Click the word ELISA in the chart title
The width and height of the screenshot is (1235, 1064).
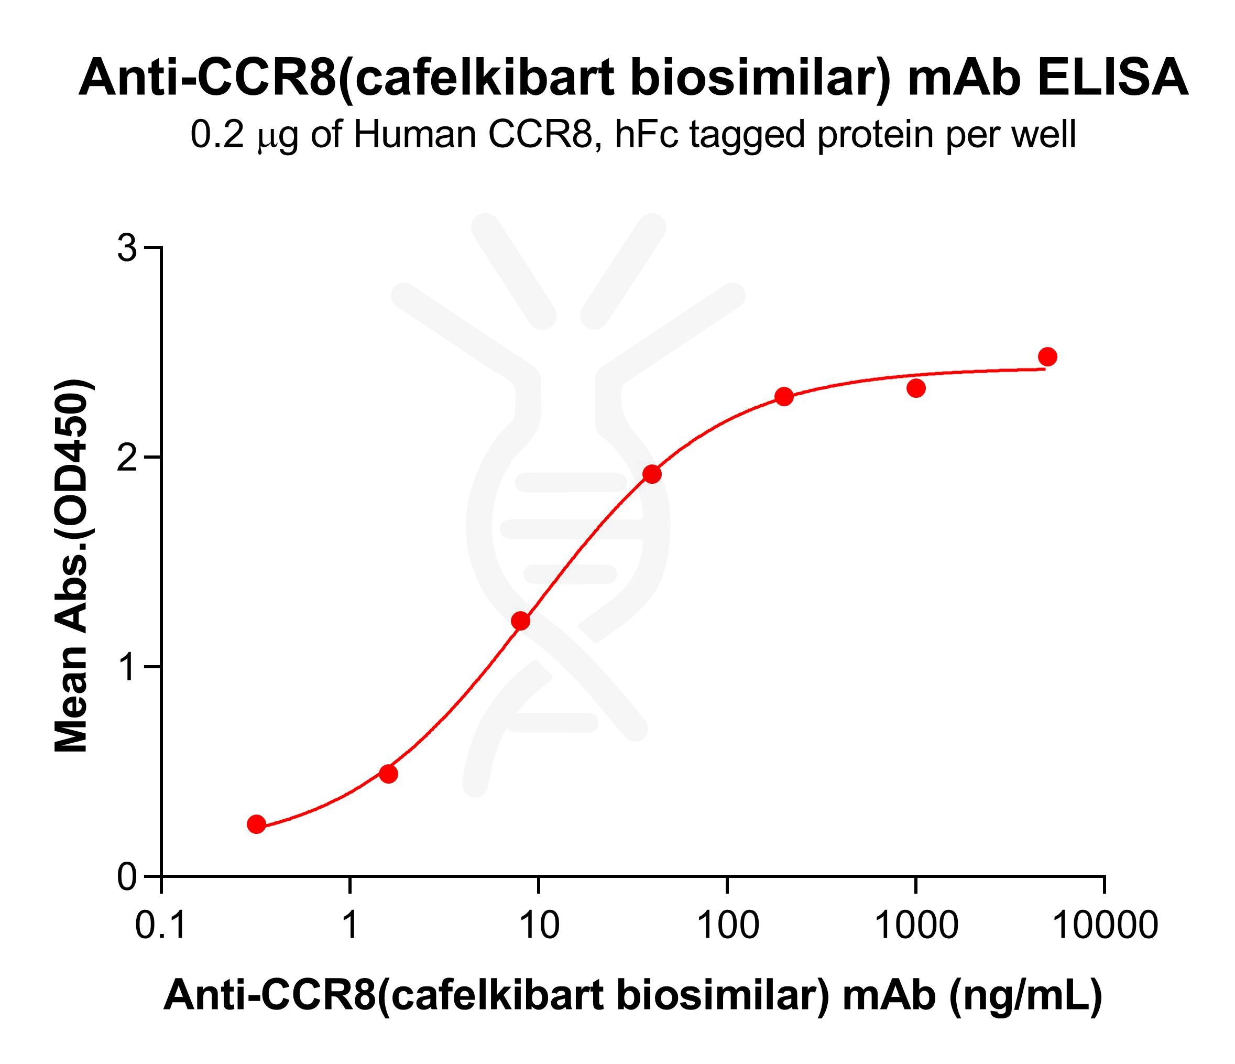[x=1112, y=78]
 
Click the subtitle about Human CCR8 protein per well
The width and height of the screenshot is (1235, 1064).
[x=633, y=135]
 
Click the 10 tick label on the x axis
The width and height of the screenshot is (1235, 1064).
[x=539, y=926]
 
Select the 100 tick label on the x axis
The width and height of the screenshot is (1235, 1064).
[x=727, y=926]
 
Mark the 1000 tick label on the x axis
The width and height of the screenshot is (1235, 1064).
[x=916, y=926]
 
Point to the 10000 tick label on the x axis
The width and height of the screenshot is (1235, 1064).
[x=1105, y=926]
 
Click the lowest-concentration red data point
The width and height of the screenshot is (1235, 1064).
[x=256, y=824]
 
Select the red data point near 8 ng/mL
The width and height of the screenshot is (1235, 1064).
[x=520, y=621]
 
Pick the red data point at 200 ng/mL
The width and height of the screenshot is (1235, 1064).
[x=784, y=396]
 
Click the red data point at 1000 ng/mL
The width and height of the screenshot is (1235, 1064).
[x=916, y=388]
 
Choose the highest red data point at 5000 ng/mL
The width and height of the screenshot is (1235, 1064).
[x=1048, y=357]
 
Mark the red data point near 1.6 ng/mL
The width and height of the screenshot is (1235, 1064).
[x=389, y=774]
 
